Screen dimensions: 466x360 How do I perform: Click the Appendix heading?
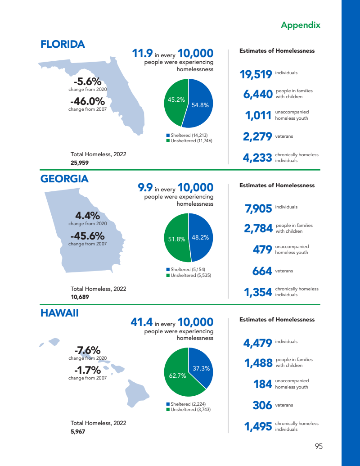click(x=300, y=25)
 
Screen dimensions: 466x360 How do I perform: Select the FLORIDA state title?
click(x=63, y=44)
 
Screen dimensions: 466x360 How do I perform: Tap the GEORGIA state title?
click(x=64, y=179)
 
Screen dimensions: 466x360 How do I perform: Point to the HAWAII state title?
click(x=59, y=313)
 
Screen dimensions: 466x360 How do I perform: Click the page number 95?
click(x=319, y=447)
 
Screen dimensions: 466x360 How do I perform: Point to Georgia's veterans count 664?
click(x=262, y=271)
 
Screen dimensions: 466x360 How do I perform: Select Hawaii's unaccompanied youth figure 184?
click(x=262, y=384)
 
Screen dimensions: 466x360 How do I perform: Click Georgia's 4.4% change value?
click(x=87, y=216)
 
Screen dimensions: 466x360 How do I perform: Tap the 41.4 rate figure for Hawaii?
click(x=141, y=322)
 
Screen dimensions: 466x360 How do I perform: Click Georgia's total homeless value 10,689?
click(x=80, y=297)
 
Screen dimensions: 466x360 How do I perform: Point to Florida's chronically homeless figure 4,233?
click(x=257, y=158)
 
